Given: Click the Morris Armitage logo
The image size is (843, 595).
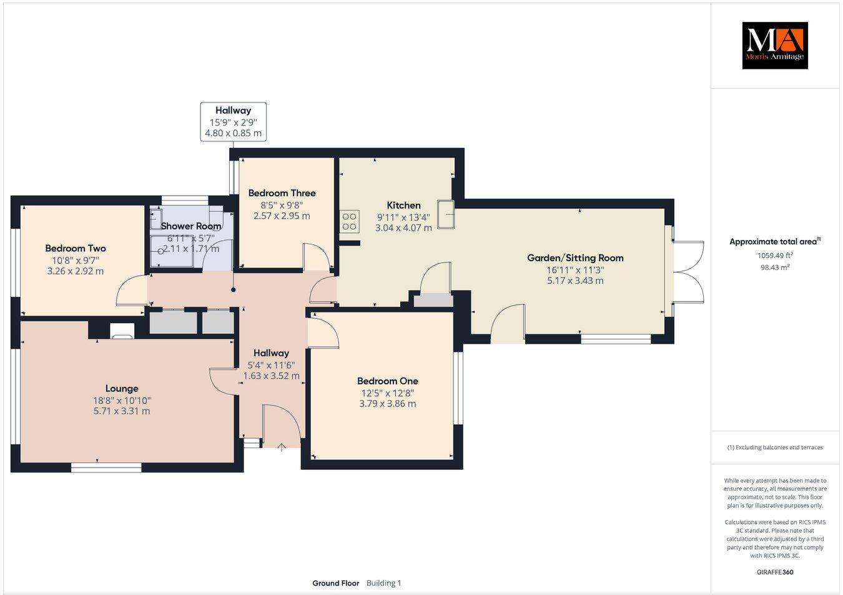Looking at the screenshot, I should (774, 45).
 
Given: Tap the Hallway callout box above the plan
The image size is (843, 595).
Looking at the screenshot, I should (233, 121).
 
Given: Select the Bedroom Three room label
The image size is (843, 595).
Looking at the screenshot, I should (282, 193).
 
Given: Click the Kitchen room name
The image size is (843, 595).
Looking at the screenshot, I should (403, 205).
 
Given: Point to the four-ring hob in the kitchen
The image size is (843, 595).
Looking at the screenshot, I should (349, 221).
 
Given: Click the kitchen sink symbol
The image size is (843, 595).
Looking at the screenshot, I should (446, 214).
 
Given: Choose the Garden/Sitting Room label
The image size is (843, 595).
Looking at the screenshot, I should (575, 257).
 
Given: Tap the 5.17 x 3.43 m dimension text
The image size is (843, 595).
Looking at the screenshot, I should (575, 281).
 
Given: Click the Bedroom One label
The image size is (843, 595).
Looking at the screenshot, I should (387, 381).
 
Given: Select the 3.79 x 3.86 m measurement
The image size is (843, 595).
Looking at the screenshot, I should (387, 404).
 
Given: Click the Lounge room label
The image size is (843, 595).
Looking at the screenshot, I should (122, 388).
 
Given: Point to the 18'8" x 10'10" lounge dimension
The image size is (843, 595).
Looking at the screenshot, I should (122, 400).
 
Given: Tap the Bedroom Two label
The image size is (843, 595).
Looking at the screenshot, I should (76, 248).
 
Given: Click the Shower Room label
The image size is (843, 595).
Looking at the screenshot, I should (191, 226).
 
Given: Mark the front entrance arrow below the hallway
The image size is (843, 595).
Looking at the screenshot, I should (282, 447).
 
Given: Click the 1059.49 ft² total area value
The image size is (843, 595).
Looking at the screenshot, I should (774, 255).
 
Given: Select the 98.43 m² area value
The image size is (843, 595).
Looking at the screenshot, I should (774, 267).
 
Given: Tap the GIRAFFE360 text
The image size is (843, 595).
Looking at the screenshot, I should (774, 571).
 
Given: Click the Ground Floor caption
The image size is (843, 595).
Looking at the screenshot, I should (336, 583).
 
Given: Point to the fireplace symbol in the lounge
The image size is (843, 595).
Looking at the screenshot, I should (121, 330).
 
